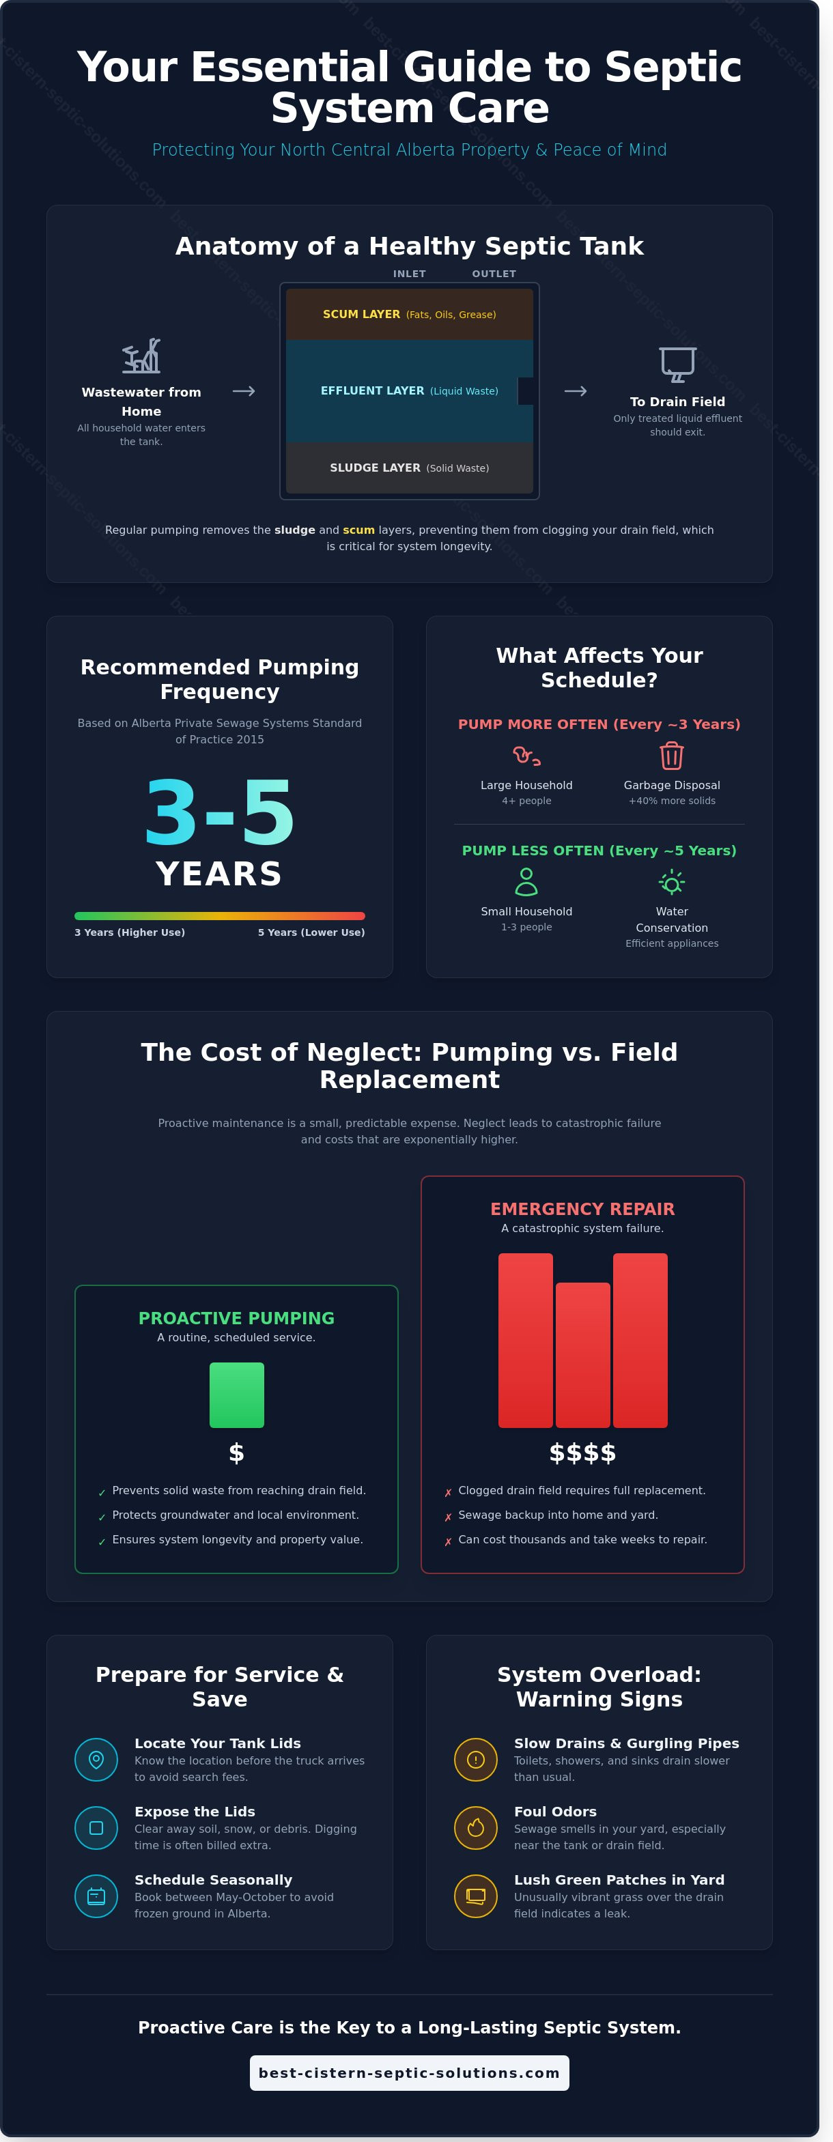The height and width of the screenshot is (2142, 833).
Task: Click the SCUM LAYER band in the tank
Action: coord(409,314)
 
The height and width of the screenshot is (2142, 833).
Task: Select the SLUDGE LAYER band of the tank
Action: coord(409,468)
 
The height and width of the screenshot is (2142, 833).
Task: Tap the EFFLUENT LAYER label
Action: coord(372,391)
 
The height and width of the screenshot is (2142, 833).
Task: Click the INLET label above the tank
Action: coord(409,274)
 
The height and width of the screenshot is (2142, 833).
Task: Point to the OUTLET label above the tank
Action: coord(494,274)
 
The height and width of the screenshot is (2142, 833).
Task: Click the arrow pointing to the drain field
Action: coord(576,391)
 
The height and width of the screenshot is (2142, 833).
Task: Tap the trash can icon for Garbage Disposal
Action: coord(672,756)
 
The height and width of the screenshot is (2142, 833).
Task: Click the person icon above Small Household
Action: coord(526,881)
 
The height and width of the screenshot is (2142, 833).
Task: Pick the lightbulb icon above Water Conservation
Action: coord(672,881)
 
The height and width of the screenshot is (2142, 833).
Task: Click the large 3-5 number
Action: coord(219,813)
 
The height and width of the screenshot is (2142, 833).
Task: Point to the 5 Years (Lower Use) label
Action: coord(311,932)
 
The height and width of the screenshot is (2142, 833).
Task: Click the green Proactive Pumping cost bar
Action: coord(237,1395)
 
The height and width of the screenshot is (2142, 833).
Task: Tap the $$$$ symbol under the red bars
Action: coord(583,1453)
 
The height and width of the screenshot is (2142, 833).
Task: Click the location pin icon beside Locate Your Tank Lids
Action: coord(96,1760)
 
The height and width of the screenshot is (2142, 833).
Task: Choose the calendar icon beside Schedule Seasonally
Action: coord(96,1896)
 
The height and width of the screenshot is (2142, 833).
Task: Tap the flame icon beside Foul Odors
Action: coord(475,1828)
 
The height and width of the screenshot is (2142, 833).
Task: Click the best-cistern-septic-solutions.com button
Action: coord(409,2072)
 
